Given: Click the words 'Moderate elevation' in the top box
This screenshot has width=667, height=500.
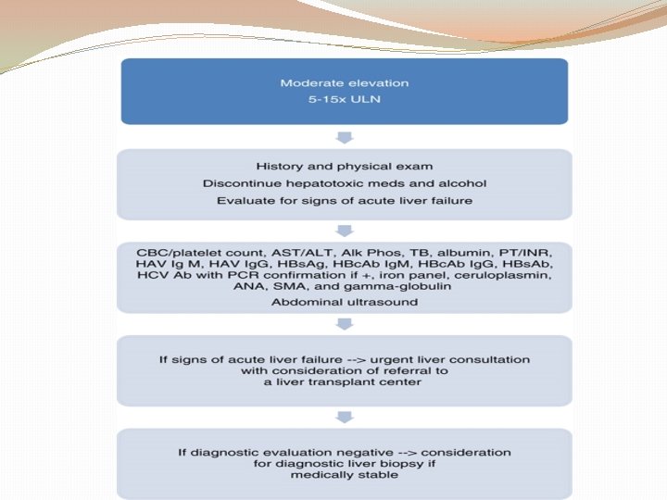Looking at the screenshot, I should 344,83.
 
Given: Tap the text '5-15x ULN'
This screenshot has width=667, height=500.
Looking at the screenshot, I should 344,99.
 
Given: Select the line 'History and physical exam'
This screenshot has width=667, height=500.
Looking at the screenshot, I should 344,167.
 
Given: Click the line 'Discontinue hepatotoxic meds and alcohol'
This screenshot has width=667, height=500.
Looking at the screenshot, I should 344,183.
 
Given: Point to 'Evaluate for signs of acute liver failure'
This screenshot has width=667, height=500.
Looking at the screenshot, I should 344,200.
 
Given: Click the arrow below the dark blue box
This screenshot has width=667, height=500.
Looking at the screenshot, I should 344,137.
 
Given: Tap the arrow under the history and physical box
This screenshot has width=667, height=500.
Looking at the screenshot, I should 344,230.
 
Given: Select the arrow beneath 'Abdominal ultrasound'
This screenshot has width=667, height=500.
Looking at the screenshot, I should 344,323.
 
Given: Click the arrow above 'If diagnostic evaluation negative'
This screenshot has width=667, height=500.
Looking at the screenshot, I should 344,416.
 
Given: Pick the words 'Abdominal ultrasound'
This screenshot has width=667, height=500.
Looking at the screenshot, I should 344,302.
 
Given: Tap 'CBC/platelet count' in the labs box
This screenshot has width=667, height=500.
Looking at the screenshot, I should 182,250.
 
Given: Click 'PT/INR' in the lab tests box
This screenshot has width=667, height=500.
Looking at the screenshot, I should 538,250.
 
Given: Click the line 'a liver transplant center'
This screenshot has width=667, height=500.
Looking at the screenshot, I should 344,381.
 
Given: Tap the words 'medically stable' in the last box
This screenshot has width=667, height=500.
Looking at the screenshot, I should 344,475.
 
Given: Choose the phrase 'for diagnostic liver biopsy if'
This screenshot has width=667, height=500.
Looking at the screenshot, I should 344,463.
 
